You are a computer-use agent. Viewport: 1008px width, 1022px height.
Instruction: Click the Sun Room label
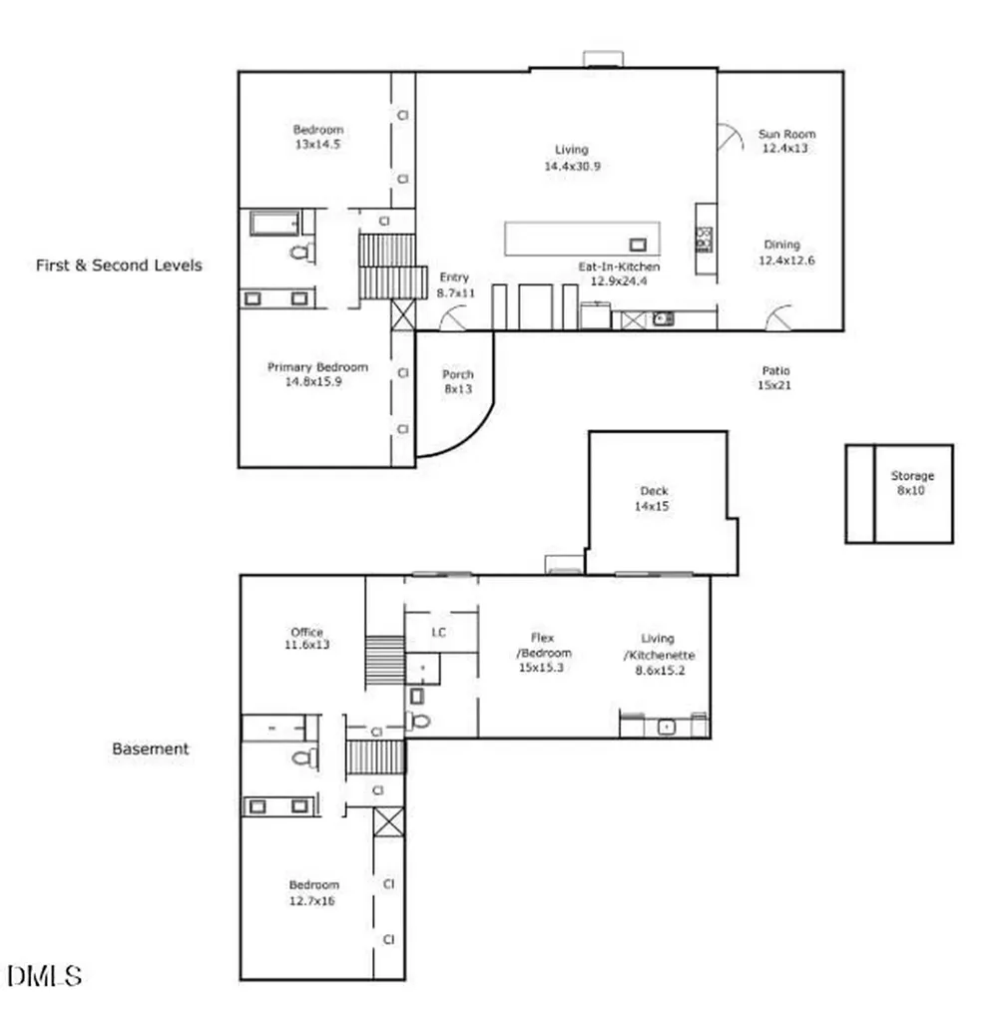(786, 134)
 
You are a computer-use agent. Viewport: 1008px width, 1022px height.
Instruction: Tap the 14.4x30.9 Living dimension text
(572, 167)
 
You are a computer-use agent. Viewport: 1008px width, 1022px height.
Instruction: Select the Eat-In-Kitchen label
(619, 266)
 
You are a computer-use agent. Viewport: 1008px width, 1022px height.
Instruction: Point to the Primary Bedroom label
(317, 367)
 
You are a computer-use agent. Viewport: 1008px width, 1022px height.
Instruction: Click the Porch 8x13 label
(458, 381)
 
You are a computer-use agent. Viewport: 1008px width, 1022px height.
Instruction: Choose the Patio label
(775, 370)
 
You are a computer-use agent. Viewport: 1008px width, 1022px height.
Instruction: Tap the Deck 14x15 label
(653, 498)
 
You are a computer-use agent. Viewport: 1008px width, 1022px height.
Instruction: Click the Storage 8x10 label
(912, 483)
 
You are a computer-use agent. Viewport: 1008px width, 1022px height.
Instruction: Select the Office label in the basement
(307, 632)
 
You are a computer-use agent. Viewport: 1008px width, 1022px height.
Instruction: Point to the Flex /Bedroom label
(543, 646)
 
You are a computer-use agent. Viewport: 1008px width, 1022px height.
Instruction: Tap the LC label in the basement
(438, 632)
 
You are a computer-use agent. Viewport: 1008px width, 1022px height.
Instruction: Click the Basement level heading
(151, 749)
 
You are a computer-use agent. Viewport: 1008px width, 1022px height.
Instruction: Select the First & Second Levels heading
(119, 265)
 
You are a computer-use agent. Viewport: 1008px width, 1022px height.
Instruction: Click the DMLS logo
(44, 976)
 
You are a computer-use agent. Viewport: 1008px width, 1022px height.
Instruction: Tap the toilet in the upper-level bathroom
(302, 252)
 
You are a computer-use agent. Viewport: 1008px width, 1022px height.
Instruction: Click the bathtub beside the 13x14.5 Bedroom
(275, 223)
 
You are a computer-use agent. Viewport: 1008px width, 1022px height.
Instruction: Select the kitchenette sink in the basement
(666, 727)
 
